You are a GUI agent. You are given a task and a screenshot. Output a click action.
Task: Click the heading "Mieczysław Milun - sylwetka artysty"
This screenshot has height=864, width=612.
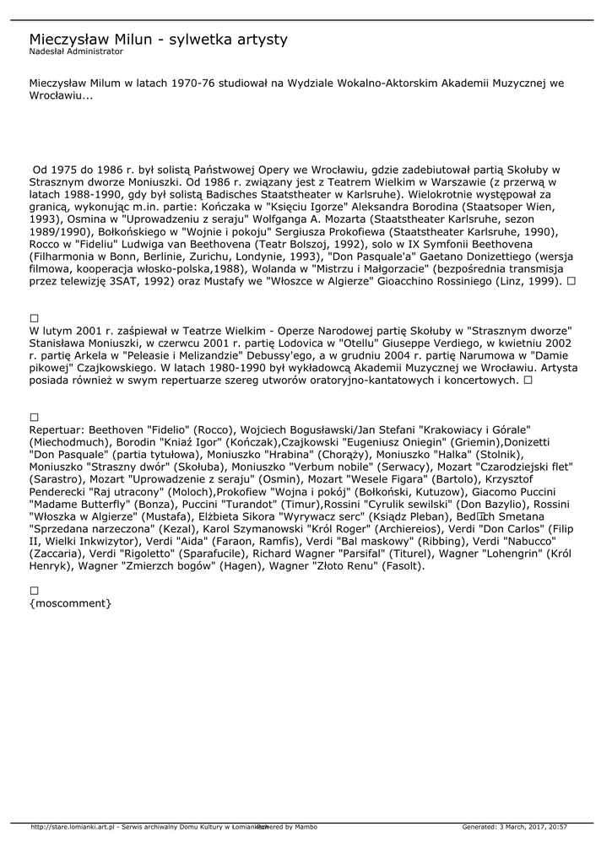pyautogui.click(x=158, y=40)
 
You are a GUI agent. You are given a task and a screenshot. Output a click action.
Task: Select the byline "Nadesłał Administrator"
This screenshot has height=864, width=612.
pyautogui.click(x=76, y=52)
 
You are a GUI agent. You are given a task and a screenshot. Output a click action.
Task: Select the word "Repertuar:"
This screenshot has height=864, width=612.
pyautogui.click(x=57, y=429)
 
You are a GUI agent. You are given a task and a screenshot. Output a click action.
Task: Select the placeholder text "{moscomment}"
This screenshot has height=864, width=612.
pyautogui.click(x=70, y=604)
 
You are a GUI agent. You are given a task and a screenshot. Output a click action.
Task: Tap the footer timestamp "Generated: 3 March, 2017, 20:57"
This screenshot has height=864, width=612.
pyautogui.click(x=514, y=827)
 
